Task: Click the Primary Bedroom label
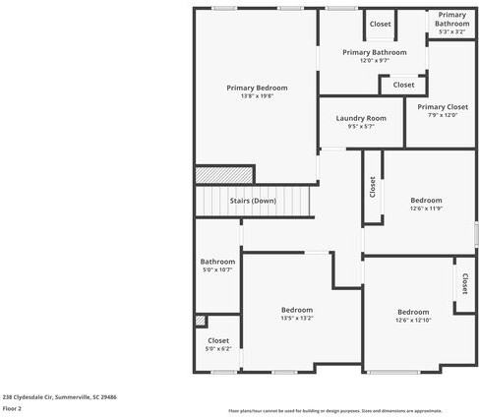coord(257,88)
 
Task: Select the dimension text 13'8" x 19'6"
coord(257,96)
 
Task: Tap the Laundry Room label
coord(361,118)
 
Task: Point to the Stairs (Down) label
coord(253,201)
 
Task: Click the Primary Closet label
coord(443,107)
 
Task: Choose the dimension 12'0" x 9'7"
coord(375,61)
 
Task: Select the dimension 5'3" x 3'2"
coord(451,32)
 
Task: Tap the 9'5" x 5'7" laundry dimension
coord(361,127)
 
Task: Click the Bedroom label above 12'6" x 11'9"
coord(426,200)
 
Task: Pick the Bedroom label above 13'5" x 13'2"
coord(296,310)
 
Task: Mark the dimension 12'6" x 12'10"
coord(413,320)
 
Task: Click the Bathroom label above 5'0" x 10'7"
coord(217,262)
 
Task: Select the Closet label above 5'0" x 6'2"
coord(217,339)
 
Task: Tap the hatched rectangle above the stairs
coord(211,175)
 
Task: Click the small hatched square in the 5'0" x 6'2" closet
coord(201,321)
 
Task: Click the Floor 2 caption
coord(13,408)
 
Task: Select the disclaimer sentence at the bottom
coord(335,411)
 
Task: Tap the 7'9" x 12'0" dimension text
coord(443,116)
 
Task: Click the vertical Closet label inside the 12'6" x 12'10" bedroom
coord(463,283)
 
